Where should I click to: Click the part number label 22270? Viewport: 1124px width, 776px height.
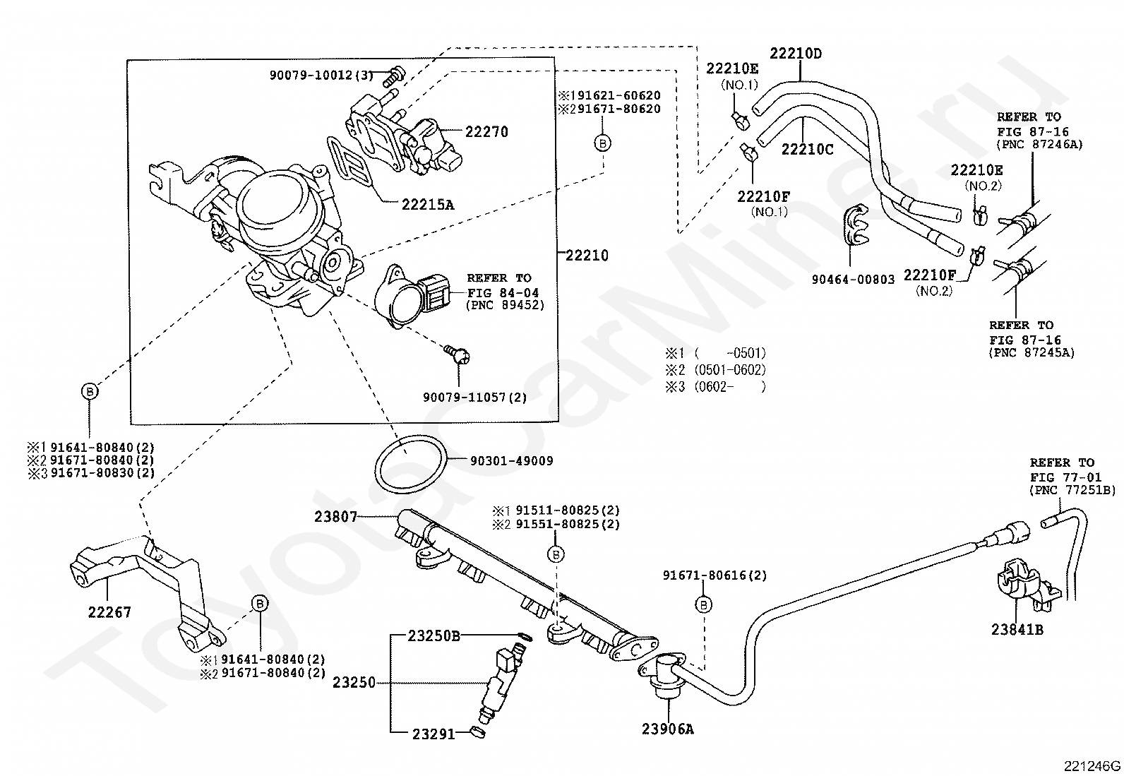point(486,132)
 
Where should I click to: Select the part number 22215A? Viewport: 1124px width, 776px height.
point(428,205)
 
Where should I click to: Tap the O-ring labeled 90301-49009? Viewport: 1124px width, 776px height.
point(411,465)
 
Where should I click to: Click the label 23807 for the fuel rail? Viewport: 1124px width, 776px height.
point(335,516)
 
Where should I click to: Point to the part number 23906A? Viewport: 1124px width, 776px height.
point(668,729)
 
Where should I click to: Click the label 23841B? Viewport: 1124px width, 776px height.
point(1017,629)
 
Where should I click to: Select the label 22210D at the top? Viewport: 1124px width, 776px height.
point(796,53)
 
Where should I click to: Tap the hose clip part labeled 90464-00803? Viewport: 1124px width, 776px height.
point(856,229)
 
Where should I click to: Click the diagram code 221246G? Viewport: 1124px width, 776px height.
point(1092,766)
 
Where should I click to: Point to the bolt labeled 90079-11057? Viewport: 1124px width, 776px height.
point(457,355)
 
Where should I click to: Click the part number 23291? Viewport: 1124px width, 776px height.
point(434,734)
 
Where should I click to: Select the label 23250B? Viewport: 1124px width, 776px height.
point(434,636)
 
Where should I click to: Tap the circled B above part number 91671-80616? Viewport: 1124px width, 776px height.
point(704,605)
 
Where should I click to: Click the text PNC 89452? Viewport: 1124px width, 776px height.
point(506,305)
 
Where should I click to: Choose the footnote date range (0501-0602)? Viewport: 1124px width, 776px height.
point(730,370)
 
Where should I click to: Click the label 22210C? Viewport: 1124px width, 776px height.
point(808,149)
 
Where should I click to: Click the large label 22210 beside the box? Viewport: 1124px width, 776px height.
point(587,256)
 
